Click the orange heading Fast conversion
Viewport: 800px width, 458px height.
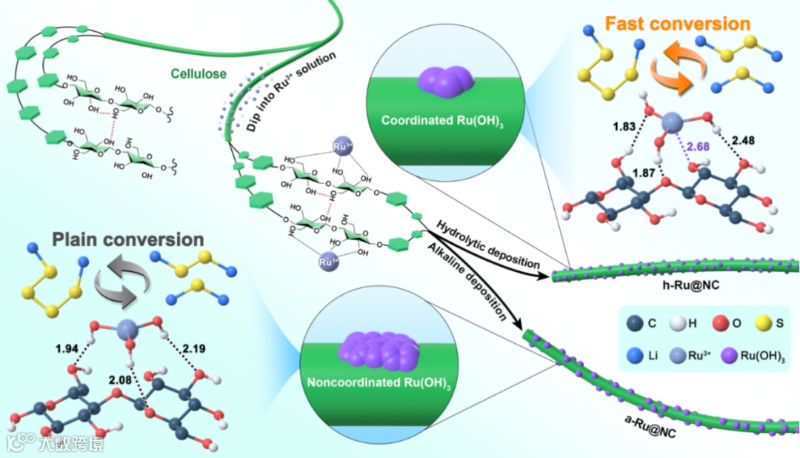click(677, 24)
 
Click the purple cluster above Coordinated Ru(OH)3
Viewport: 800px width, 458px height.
click(442, 78)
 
